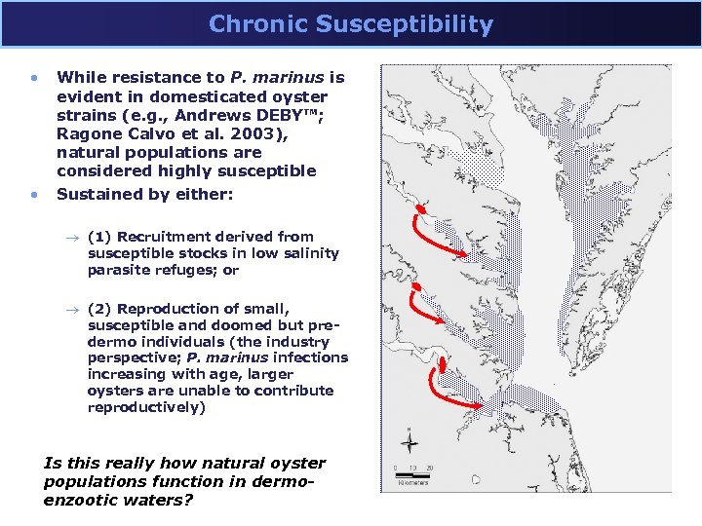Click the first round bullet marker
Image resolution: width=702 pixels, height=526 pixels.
pos(34,77)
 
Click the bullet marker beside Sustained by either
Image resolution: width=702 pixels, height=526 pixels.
pos(34,194)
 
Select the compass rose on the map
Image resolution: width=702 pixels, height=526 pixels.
pos(410,442)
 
